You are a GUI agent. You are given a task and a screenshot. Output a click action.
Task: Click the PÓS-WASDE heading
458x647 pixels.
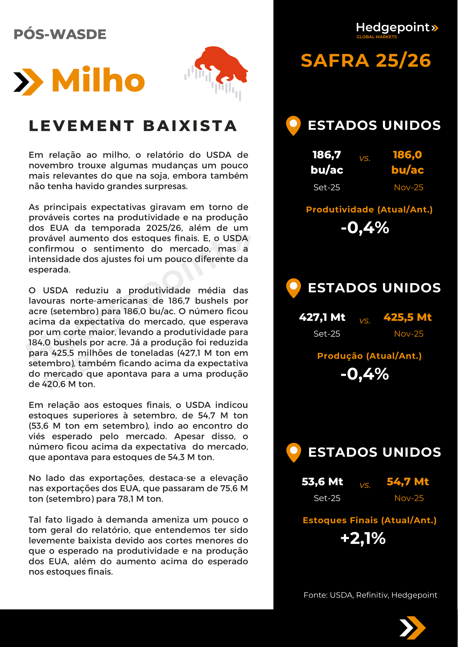[x=60, y=34]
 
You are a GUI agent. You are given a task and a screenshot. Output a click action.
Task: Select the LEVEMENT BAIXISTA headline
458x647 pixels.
[x=133, y=126]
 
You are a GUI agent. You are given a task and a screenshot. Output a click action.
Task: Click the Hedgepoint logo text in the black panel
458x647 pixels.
[x=393, y=28]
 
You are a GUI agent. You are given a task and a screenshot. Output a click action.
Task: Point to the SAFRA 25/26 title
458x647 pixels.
[x=366, y=60]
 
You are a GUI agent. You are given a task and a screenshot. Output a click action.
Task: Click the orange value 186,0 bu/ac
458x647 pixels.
[x=408, y=162]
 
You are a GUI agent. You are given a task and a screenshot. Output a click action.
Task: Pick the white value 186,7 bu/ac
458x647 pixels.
[x=327, y=162]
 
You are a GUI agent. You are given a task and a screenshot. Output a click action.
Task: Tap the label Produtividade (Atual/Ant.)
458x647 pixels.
[x=369, y=210]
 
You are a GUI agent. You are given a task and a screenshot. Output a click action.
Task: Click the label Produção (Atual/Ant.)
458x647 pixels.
[x=369, y=356]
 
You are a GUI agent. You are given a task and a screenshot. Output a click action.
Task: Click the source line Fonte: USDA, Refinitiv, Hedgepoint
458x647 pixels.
[x=370, y=595]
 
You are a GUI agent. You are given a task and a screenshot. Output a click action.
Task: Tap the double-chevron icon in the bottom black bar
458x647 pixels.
[x=412, y=628]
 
